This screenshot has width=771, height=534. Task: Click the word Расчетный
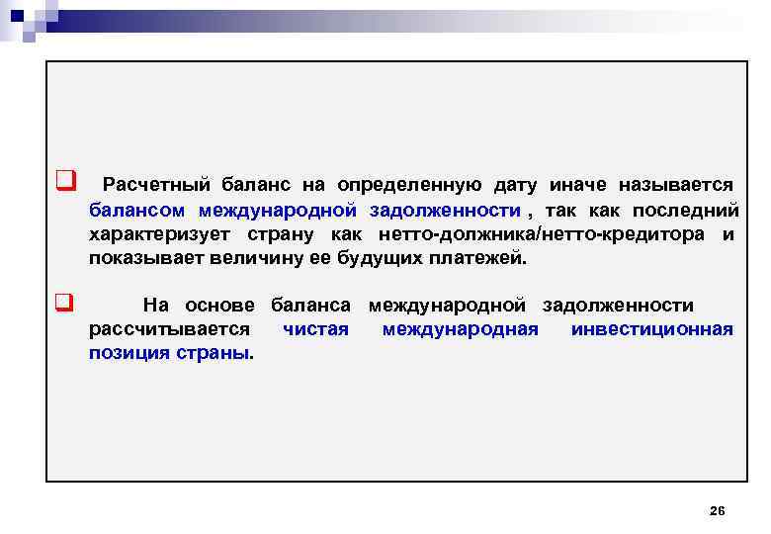(x=153, y=185)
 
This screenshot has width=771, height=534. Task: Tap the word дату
(x=514, y=185)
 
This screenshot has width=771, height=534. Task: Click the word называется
(x=676, y=185)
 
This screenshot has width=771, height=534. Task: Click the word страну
(x=274, y=234)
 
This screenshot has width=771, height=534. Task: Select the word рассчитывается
(x=169, y=329)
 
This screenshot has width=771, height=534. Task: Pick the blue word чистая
(x=315, y=329)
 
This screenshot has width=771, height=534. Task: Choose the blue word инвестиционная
(x=652, y=329)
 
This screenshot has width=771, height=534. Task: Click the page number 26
(x=718, y=510)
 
